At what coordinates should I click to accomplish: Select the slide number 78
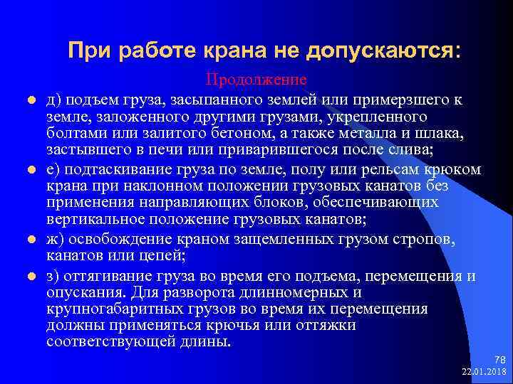[x=499, y=359]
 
